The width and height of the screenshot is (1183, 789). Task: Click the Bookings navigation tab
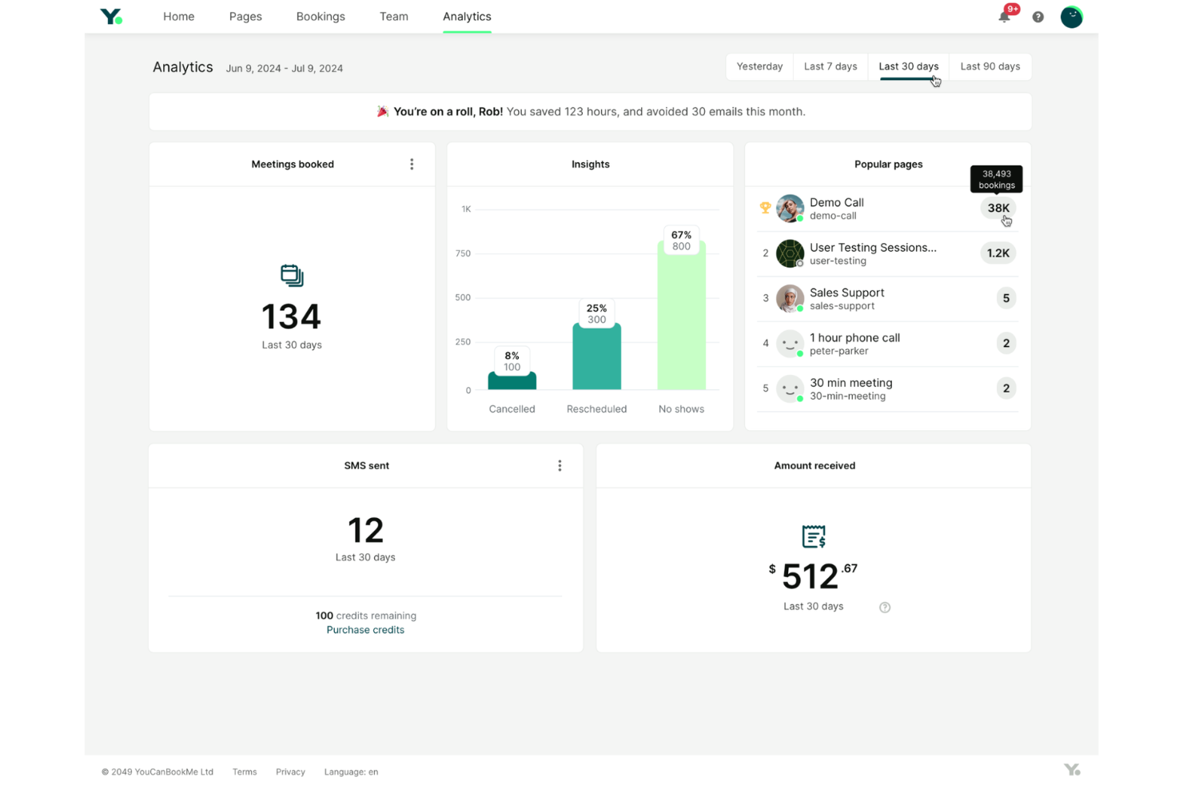(x=321, y=17)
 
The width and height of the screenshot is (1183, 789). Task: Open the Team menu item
(x=393, y=17)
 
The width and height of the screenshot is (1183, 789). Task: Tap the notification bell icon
(x=1004, y=17)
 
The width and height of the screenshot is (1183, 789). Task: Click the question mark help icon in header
(x=1038, y=17)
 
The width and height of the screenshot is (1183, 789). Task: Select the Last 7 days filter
(x=830, y=66)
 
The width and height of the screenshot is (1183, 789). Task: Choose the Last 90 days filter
(x=990, y=66)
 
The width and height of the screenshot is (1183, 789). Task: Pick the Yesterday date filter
(x=759, y=66)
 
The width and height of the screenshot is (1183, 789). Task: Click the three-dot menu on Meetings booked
(x=412, y=164)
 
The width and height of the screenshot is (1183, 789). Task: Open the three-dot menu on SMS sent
(x=560, y=465)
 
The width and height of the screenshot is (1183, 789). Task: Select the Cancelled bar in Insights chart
(x=512, y=381)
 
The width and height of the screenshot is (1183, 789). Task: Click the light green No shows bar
(x=681, y=320)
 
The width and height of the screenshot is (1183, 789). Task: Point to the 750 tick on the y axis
(x=463, y=253)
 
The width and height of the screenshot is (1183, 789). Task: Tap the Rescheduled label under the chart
(x=596, y=408)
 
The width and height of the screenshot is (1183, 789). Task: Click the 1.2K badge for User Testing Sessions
(x=998, y=253)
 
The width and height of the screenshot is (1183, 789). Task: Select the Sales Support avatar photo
(x=790, y=298)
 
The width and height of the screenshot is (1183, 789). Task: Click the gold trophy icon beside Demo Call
(x=765, y=208)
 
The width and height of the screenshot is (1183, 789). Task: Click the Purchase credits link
(x=365, y=630)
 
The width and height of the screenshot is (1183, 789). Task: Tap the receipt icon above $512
(x=813, y=536)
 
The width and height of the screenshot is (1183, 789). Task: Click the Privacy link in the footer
(x=290, y=771)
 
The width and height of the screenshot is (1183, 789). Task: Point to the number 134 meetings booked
(x=291, y=317)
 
